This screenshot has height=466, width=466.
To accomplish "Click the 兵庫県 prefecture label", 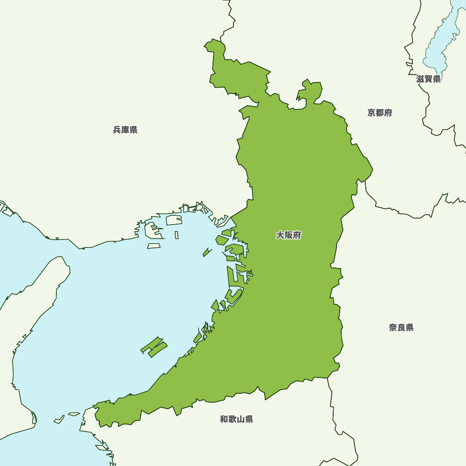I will point(125,130).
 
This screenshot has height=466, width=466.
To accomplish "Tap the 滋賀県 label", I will point(428,79).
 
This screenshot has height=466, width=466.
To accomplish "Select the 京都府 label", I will point(379,113).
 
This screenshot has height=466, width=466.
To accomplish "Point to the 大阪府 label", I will point(288,235).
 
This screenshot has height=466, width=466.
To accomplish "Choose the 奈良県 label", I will point(401,328).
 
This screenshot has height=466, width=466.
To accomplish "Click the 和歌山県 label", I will point(236,419).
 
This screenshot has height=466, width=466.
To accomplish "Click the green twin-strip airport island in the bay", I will point(154,347).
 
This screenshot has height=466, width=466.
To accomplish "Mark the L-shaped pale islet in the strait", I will point(59,420).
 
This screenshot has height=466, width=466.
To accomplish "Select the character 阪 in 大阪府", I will point(288,235).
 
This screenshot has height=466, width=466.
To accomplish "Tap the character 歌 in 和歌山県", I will point(232,419).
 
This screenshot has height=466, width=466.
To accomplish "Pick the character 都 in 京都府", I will point(379,113).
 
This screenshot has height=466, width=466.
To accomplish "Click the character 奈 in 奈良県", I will point(393,328).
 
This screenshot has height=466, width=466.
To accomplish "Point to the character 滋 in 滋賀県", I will point(420,79).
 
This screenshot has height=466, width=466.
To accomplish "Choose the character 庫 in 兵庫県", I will point(125,130).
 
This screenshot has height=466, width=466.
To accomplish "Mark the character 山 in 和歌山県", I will point(240,419).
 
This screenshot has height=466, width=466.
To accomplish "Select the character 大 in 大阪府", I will point(280,235).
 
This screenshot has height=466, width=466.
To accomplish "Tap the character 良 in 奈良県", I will point(401,328).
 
